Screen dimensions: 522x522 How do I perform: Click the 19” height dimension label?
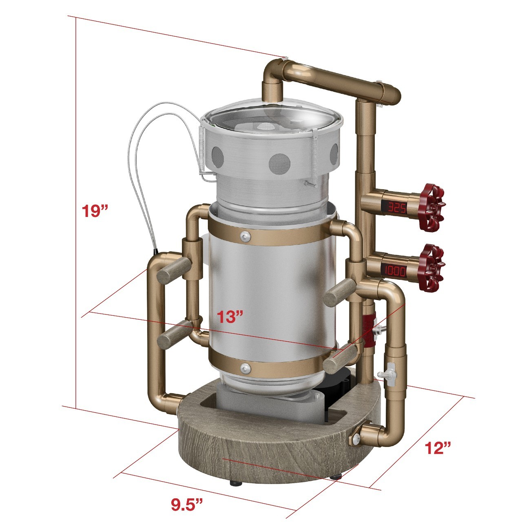click(95, 211)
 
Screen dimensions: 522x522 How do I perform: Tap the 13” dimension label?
click(230, 316)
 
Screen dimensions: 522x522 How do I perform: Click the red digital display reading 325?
click(398, 208)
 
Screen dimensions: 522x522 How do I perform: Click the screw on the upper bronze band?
click(246, 237)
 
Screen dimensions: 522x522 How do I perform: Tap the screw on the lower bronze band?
click(246, 368)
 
